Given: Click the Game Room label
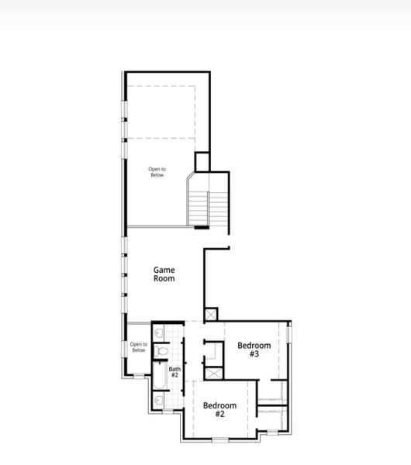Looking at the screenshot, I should point(163,274).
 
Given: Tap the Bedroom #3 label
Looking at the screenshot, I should point(254,350).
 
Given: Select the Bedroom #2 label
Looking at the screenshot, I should point(219,409).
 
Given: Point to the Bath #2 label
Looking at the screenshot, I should point(174,372).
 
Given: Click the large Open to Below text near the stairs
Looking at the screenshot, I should point(157,172).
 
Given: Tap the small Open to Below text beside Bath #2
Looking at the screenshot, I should point(138,347).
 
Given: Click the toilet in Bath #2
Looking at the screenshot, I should point(161,352).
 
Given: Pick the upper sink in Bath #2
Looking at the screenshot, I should point(158,332).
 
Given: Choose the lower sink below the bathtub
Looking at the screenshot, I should point(158,401).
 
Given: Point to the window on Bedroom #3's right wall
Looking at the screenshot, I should point(288,340).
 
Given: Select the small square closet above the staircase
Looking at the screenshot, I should point(202,162).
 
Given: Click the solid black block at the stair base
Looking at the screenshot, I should point(201,227).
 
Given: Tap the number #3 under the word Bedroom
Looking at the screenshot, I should point(254,354).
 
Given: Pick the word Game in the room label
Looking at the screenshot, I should point(164,269).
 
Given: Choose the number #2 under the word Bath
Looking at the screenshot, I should point(174,375).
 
